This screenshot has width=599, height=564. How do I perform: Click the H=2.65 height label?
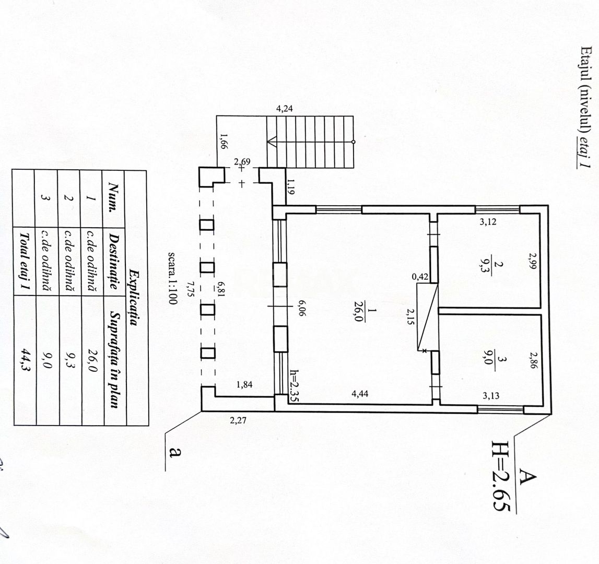501,476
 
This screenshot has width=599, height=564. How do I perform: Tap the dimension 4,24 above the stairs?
284,109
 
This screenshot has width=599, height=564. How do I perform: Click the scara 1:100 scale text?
172,278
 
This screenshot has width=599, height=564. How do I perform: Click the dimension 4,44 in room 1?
360,394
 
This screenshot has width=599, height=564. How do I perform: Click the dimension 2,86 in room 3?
533,360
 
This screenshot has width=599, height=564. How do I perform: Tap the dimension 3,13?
490,396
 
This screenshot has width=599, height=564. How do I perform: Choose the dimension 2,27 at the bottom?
238,421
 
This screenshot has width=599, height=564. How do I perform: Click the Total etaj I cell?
25,261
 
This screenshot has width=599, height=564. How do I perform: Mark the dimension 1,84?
244,385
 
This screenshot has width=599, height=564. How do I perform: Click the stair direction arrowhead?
272,142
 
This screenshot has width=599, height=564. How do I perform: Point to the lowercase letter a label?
175,452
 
